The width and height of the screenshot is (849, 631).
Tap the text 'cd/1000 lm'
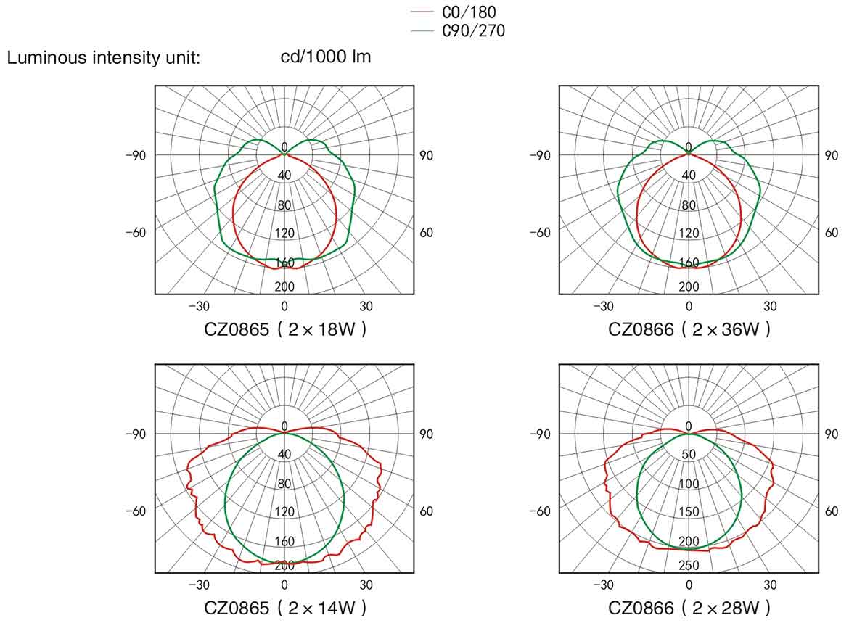tap(326, 57)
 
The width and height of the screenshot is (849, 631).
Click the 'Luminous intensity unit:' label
tap(103, 58)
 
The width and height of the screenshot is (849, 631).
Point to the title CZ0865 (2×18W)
tap(284, 329)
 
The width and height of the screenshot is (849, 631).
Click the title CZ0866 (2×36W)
tap(689, 329)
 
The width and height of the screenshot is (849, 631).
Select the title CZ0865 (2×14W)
tap(284, 608)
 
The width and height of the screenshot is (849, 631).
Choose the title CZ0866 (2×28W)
tap(689, 608)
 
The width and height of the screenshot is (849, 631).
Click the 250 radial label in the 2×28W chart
tap(689, 566)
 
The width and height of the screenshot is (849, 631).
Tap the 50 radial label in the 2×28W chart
tap(689, 455)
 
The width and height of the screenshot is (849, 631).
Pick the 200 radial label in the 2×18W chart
tap(284, 286)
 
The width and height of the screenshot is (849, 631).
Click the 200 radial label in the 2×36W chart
tap(689, 286)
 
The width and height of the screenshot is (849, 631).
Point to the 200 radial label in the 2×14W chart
tap(284, 565)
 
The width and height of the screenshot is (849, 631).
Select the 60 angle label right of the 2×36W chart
tap(832, 233)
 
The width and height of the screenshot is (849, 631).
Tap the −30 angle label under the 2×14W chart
tap(199, 585)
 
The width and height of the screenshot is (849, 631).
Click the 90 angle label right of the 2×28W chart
tap(832, 434)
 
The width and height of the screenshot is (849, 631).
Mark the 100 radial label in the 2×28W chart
tap(689, 484)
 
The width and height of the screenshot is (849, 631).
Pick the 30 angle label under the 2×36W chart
tap(770, 306)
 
